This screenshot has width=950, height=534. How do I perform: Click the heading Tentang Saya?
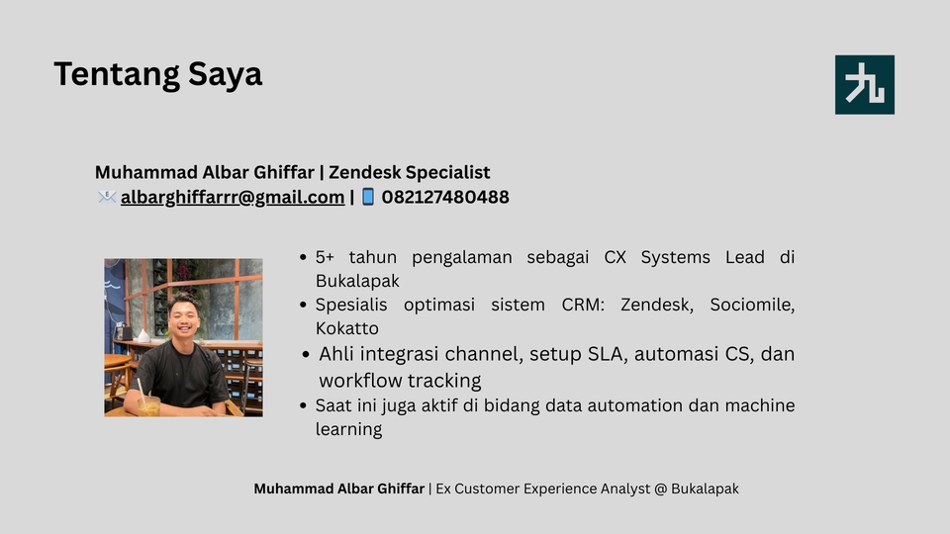click(157, 74)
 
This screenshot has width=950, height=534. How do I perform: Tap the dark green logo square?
click(864, 85)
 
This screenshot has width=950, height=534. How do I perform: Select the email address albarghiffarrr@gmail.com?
click(233, 197)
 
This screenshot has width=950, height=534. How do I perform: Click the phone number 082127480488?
click(445, 197)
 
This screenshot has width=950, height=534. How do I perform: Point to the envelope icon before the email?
click(107, 197)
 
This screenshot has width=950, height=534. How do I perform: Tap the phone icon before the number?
click(368, 197)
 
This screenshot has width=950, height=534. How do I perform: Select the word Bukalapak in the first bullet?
click(357, 281)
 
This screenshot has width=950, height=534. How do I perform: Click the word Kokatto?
click(346, 328)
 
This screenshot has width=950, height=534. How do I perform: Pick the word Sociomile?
click(752, 305)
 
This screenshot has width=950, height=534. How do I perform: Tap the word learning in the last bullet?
click(348, 429)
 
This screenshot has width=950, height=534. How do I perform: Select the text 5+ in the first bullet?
click(325, 257)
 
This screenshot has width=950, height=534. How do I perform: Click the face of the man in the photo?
click(184, 315)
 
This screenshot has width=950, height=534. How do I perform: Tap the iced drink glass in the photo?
click(148, 404)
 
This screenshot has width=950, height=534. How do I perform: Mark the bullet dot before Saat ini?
click(303, 405)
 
